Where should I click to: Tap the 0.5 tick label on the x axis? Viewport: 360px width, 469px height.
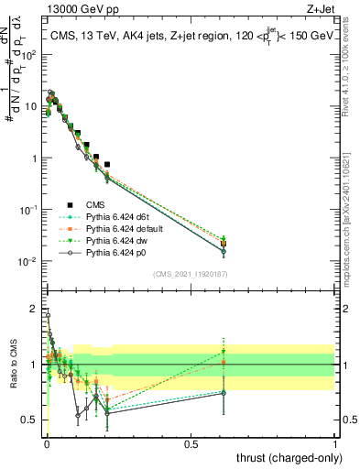pos(191,442)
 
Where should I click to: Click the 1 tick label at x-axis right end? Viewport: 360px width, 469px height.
pos(334,442)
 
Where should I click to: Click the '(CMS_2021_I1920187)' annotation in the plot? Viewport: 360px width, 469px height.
pos(191,274)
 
